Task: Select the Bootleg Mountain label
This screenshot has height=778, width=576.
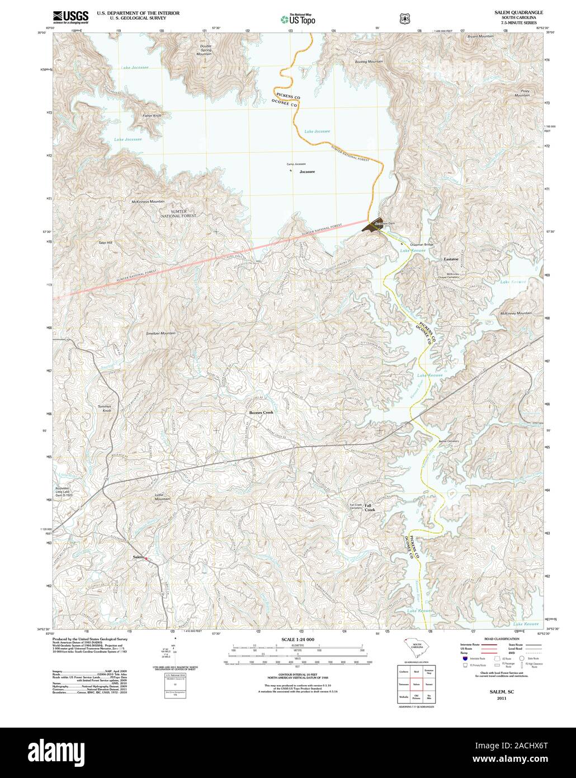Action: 369,60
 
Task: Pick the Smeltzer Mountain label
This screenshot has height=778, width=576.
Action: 160,333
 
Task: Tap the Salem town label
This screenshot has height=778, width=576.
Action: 138,557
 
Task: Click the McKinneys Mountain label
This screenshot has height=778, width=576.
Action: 148,201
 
